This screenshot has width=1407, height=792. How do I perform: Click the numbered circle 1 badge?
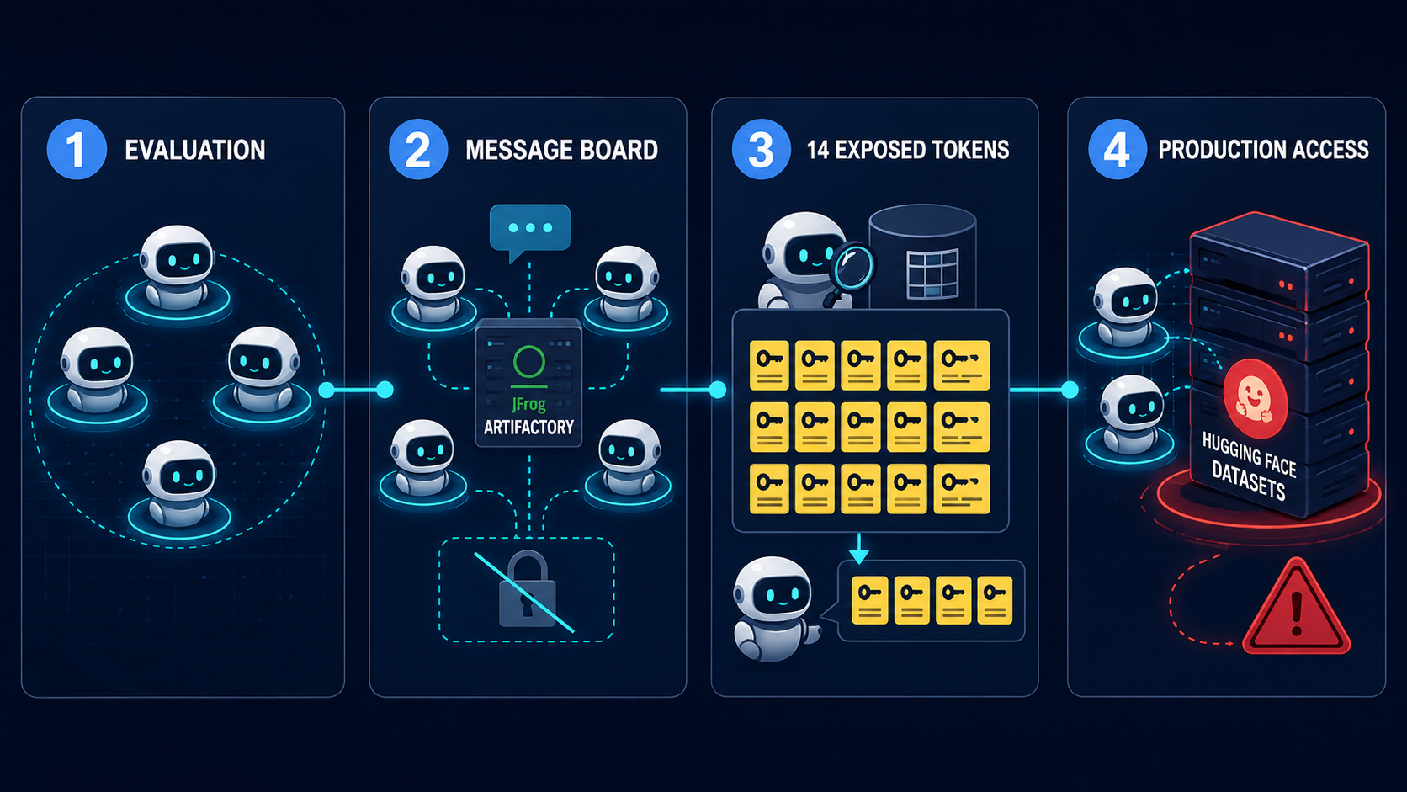click(77, 150)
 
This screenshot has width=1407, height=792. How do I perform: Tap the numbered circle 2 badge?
click(418, 150)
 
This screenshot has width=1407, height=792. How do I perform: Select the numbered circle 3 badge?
click(762, 150)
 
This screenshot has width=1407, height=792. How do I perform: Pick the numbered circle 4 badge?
click(1118, 150)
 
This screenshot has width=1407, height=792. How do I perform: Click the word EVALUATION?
click(194, 150)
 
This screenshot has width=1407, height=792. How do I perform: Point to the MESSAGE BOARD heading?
click(561, 150)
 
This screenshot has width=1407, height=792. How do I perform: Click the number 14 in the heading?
click(818, 150)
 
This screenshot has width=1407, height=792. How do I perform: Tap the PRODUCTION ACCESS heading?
click(1263, 150)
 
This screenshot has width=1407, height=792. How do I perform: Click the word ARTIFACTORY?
click(528, 427)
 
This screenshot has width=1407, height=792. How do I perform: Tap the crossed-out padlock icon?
click(527, 589)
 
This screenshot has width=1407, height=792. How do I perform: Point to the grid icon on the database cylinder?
click(932, 274)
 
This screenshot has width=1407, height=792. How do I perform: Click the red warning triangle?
click(1296, 608)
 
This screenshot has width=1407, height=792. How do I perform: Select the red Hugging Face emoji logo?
click(1255, 400)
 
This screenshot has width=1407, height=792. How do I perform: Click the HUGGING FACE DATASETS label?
click(1249, 465)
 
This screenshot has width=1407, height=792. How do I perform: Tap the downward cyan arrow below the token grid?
click(858, 548)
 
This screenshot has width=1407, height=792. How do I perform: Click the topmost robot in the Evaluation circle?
click(178, 267)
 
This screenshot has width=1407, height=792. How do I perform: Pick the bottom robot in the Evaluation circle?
click(179, 482)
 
